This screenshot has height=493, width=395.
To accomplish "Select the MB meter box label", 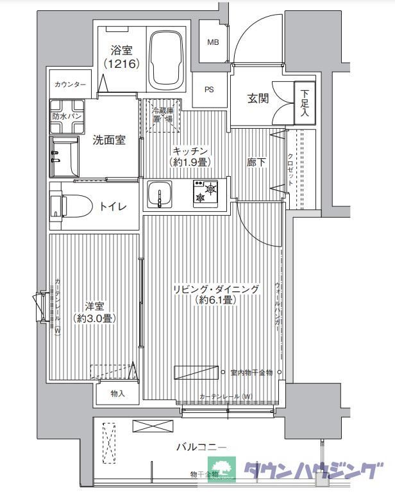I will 212,42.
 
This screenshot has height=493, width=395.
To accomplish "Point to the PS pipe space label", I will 210,90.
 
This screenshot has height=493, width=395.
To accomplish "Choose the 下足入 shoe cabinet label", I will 304,102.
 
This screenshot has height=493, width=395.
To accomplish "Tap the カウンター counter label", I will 71,85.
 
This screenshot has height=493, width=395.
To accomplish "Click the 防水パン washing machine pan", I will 67,117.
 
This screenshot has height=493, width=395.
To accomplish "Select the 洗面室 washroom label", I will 108,140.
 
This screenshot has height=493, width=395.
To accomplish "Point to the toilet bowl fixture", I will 71,205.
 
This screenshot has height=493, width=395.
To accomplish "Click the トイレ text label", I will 113,206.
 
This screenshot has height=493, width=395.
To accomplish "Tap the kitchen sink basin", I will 160,194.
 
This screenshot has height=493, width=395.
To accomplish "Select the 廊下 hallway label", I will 256,163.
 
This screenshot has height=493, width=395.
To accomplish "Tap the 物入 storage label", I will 117,393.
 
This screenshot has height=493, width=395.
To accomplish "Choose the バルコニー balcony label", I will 202,447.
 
